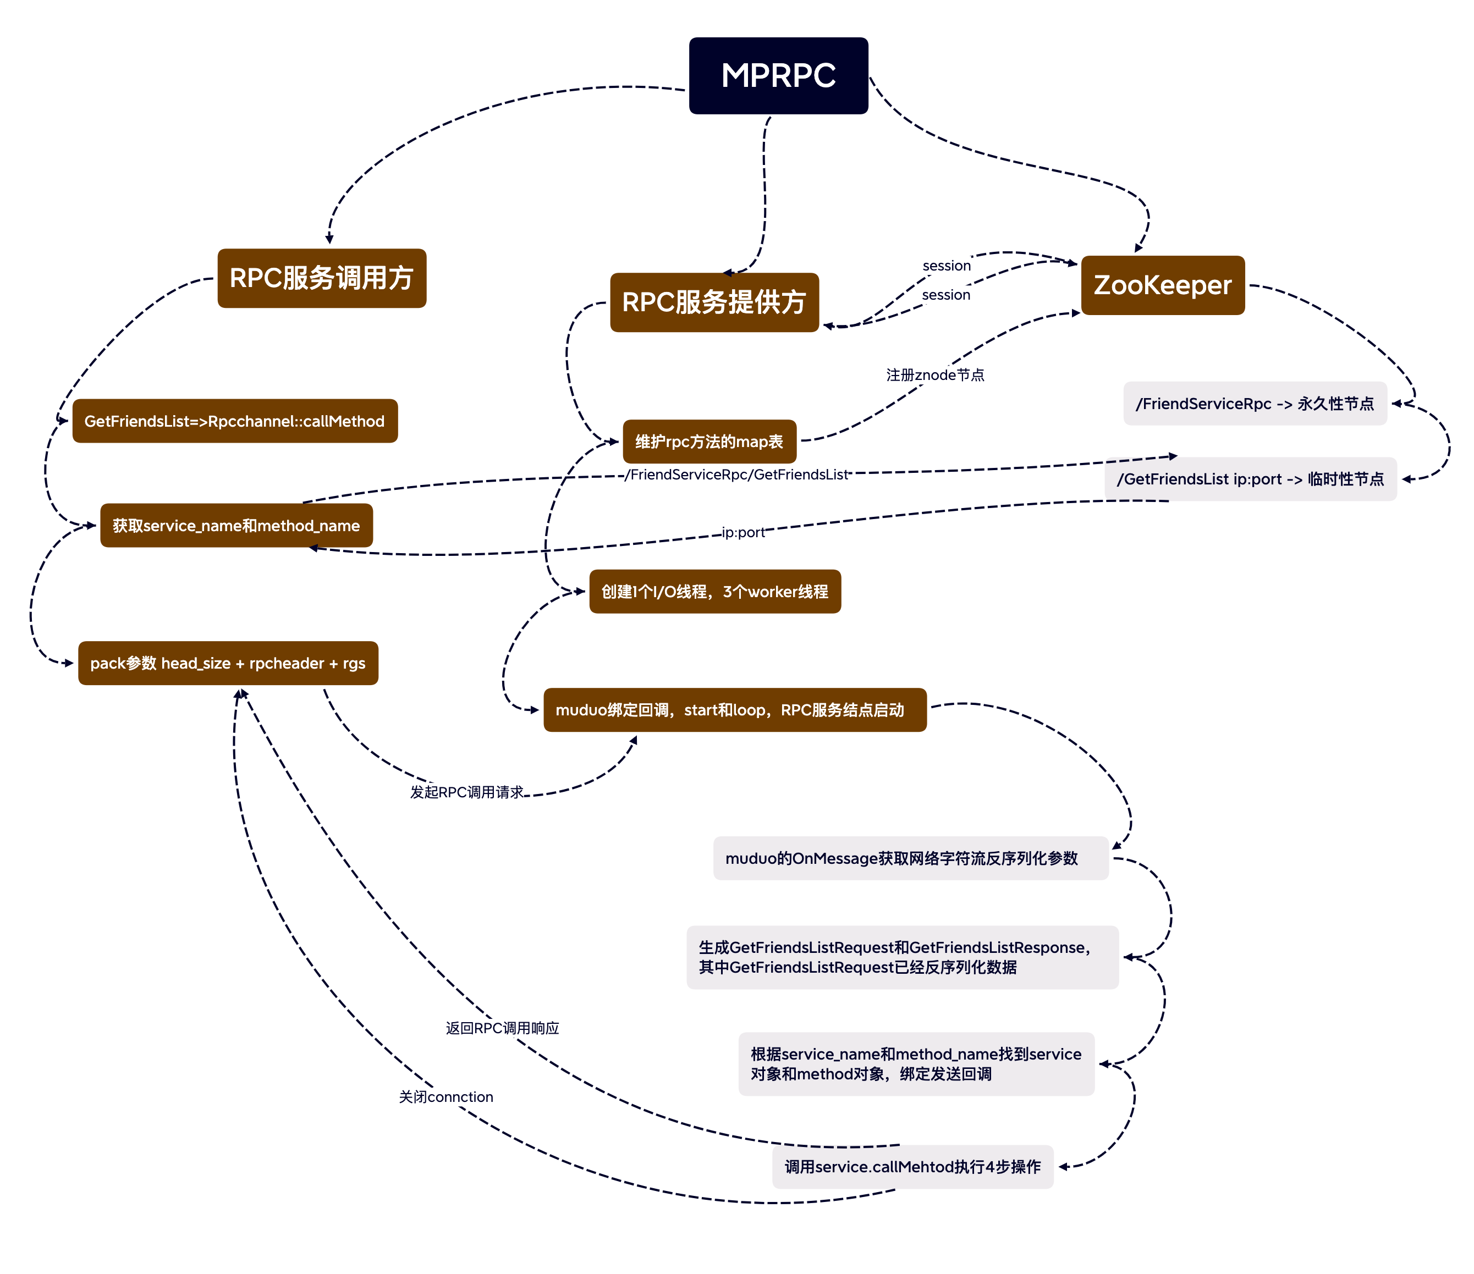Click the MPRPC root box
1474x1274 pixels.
coord(778,75)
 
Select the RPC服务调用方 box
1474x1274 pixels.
coord(322,278)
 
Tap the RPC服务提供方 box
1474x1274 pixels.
coord(714,302)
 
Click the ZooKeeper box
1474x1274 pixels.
coord(1162,285)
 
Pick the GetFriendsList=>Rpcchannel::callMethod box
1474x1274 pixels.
coord(235,421)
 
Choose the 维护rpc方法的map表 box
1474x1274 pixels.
coord(710,442)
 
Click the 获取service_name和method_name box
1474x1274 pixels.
coord(236,526)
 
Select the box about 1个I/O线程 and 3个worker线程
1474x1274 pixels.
coord(715,592)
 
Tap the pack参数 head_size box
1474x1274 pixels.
coord(228,664)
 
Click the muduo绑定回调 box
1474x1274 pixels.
coord(735,710)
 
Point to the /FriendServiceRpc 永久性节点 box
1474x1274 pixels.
coord(1255,404)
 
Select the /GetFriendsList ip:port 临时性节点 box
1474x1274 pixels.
coord(1251,479)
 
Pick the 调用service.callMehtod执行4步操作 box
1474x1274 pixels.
coord(912,1167)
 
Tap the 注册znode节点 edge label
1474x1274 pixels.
coord(935,375)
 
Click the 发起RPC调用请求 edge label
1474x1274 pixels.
coord(466,792)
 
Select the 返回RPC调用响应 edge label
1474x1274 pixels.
coord(502,1028)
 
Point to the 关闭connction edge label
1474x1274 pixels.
coord(446,1097)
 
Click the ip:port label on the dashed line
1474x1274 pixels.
coord(743,532)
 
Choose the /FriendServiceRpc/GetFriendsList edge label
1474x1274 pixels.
coord(737,475)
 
